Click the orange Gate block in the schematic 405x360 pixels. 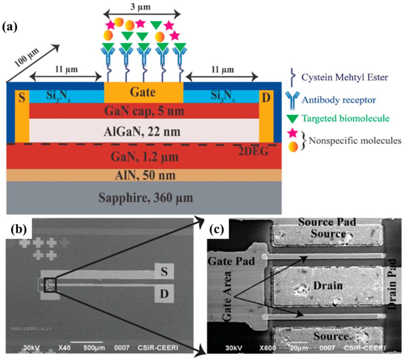point(144,93)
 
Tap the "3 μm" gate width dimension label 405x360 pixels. point(142,7)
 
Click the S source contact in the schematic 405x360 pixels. point(22,97)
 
